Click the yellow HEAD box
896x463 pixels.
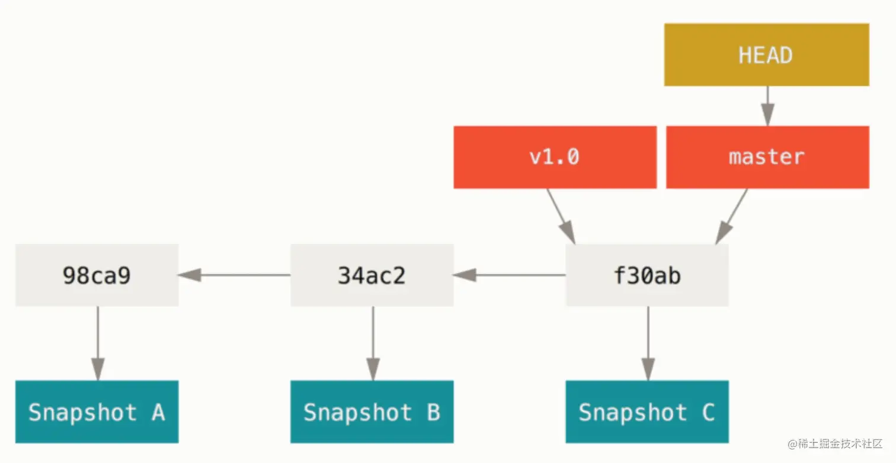(766, 54)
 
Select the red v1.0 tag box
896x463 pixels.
(555, 157)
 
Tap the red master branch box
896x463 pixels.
(767, 157)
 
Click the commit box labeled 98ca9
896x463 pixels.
(97, 275)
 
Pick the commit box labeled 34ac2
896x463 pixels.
(372, 275)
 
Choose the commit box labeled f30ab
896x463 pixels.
(647, 275)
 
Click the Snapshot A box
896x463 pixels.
(97, 412)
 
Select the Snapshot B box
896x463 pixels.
(372, 412)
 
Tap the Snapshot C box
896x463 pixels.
(647, 412)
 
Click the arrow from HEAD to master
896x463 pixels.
(767, 106)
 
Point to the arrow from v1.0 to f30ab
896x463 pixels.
(561, 216)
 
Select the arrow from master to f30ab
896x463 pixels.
(731, 216)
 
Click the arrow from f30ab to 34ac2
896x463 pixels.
(510, 275)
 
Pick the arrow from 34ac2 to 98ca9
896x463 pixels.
(235, 275)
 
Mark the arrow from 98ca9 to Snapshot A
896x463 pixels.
(98, 343)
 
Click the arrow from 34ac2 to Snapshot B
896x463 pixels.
(373, 343)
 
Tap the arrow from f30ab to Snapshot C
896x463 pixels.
(648, 343)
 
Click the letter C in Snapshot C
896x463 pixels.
(708, 412)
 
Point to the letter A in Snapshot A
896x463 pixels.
(158, 412)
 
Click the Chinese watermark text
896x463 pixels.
(835, 444)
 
